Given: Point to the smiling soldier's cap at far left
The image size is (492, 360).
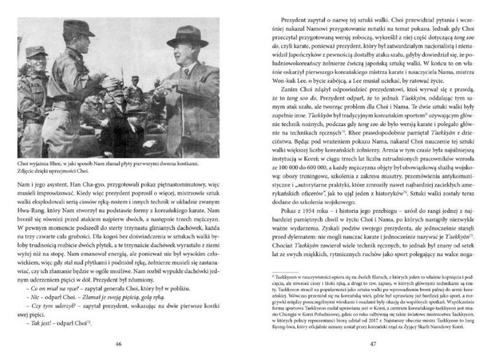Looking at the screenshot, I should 38,50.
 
